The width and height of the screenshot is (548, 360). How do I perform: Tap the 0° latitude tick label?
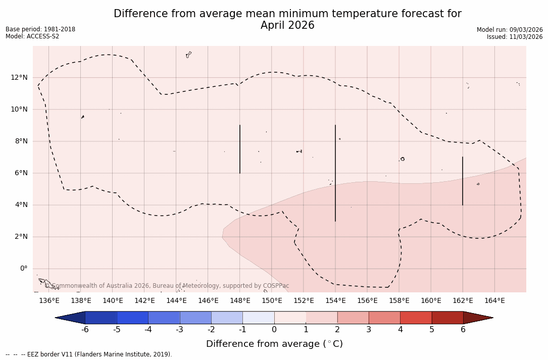[x=23, y=269]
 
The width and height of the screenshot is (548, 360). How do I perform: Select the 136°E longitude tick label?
[x=49, y=301]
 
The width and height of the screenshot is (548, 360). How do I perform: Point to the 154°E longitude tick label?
[x=335, y=301]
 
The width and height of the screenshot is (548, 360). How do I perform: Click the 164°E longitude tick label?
[x=494, y=301]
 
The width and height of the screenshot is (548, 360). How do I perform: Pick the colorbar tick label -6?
[x=85, y=330]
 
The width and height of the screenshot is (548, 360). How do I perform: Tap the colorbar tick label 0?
[x=274, y=330]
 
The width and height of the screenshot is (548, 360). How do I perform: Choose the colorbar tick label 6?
[x=463, y=330]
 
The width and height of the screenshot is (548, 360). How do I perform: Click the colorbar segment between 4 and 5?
[x=416, y=318]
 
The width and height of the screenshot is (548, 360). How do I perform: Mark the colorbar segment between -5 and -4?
[x=132, y=318]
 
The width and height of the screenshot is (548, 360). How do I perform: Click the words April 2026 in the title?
[x=287, y=26]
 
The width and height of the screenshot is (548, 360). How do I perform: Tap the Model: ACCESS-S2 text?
[x=32, y=36]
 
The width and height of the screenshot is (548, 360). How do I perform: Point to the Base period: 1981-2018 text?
[x=40, y=29]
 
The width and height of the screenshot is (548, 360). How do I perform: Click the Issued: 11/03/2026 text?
[x=515, y=37]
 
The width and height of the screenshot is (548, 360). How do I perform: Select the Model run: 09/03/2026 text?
[x=510, y=30]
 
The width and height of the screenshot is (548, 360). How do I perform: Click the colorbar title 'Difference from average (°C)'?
[x=274, y=344]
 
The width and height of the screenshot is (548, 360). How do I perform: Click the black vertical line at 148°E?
[x=240, y=149]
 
